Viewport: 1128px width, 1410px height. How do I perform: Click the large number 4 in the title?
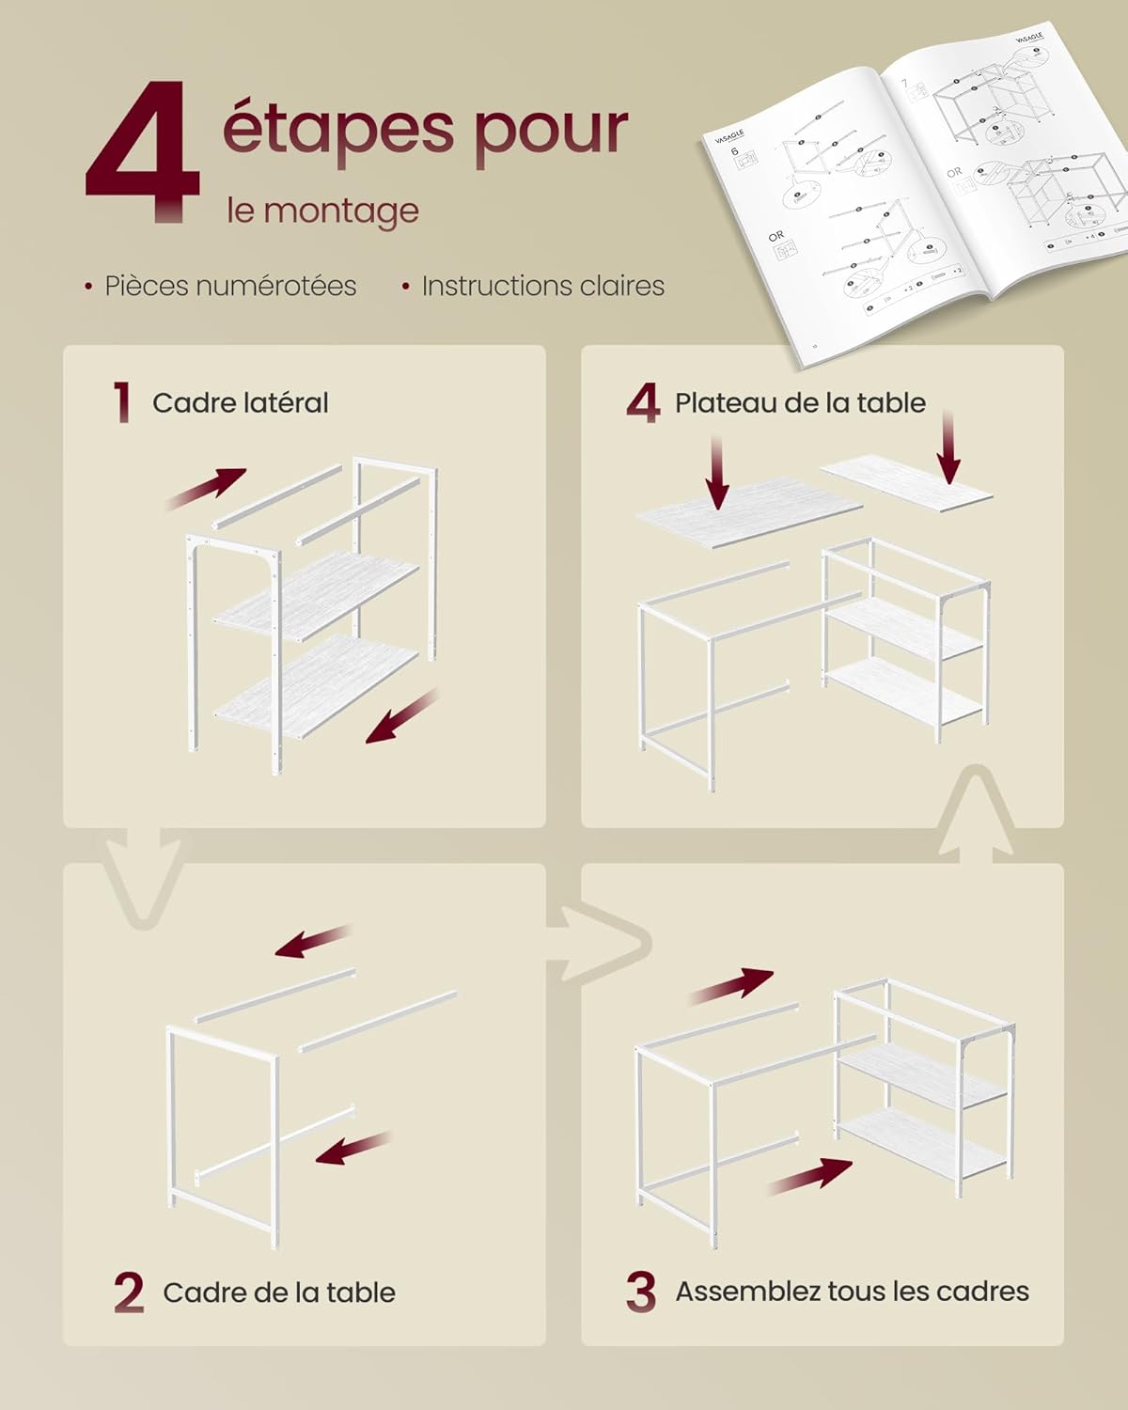(x=143, y=152)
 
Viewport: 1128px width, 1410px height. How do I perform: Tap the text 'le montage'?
(x=322, y=210)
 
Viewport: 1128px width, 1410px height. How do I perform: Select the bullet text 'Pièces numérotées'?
(x=230, y=286)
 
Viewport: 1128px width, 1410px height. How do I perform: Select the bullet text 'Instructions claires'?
(x=542, y=286)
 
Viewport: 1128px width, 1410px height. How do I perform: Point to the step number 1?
(x=121, y=402)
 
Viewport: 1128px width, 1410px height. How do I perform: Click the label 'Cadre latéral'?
(x=241, y=403)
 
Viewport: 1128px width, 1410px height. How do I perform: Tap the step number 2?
(x=129, y=1292)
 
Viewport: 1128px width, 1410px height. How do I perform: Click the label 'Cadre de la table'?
(x=279, y=1292)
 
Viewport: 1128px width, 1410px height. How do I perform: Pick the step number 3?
(x=641, y=1292)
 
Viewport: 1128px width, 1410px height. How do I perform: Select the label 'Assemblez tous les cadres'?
(x=852, y=1292)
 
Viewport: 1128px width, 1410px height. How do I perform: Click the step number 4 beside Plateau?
(x=643, y=403)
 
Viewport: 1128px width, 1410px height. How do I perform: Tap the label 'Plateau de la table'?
(x=800, y=403)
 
